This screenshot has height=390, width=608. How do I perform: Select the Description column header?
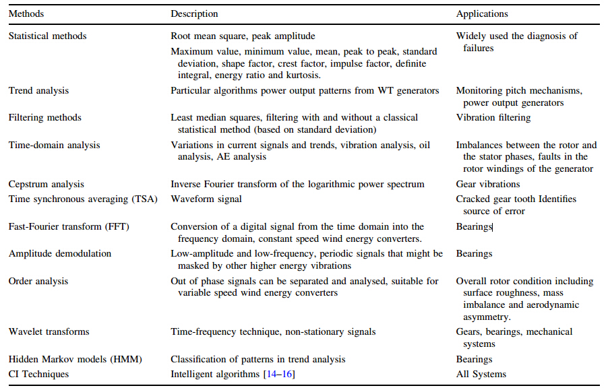click(x=194, y=13)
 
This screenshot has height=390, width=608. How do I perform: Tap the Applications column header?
click(x=482, y=13)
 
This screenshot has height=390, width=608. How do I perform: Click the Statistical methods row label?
click(x=47, y=36)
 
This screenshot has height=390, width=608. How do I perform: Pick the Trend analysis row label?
click(x=38, y=90)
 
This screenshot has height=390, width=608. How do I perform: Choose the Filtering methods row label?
click(x=44, y=117)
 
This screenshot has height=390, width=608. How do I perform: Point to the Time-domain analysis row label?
click(x=54, y=145)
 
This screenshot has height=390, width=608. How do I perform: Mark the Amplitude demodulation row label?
click(x=60, y=253)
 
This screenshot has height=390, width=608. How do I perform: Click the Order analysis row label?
click(x=38, y=281)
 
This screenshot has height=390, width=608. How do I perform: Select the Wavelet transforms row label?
click(x=49, y=331)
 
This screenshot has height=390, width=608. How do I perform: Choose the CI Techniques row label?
click(x=38, y=374)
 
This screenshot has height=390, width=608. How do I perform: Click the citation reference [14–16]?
click(x=278, y=374)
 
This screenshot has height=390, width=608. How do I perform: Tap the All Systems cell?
click(x=481, y=374)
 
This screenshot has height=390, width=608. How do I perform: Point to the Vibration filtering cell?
click(x=493, y=117)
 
